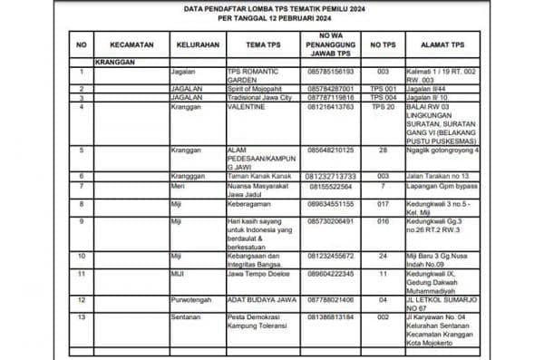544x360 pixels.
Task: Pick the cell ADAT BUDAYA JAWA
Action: [x=258, y=298]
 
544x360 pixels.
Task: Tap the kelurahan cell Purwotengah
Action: [x=193, y=298]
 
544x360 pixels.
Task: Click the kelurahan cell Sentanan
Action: [x=187, y=316]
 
